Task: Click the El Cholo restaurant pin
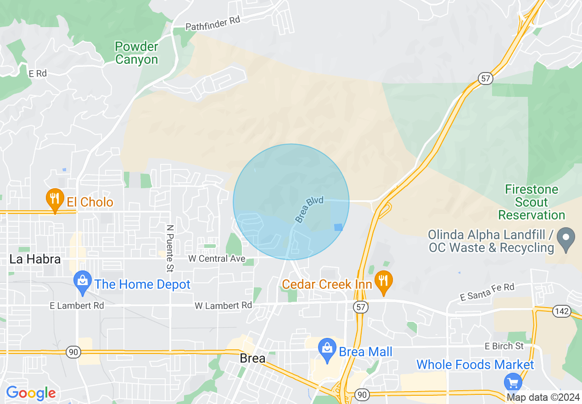coord(55,199)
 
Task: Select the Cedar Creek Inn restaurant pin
coord(383,281)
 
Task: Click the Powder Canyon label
coord(136,53)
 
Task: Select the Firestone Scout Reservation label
coord(532,202)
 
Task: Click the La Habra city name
coord(35,259)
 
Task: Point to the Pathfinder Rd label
coord(213,24)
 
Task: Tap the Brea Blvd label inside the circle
coord(309,210)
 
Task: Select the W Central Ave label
coord(217,259)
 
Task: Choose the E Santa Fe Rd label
coord(487,292)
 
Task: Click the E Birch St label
coord(504,346)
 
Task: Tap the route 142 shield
coord(562,312)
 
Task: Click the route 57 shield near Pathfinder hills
coord(486,79)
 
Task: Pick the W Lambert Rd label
coord(223,305)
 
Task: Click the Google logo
coord(31,393)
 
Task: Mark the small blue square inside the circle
coord(338,227)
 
